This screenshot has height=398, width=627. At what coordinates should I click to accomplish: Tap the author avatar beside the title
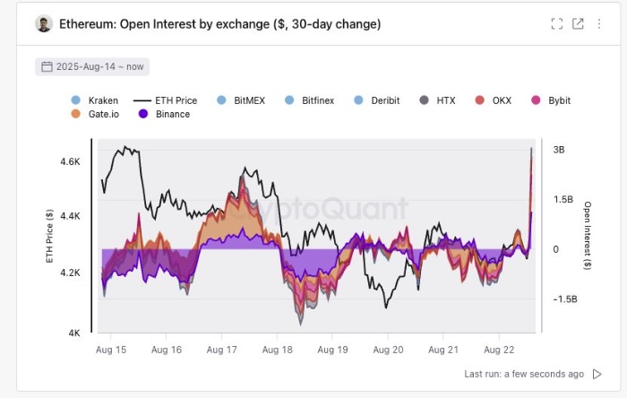pos(44,24)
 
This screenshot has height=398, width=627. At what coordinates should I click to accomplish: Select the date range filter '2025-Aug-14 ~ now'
pos(92,66)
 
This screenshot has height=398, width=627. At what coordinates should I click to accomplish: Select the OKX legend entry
pos(494,100)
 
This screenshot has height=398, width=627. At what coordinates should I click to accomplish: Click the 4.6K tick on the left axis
pos(71,161)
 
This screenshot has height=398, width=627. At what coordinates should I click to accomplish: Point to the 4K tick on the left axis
pos(75,333)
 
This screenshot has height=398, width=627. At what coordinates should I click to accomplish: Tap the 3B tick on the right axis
pos(559,150)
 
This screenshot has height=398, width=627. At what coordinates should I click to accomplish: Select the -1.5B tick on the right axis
pos(565,298)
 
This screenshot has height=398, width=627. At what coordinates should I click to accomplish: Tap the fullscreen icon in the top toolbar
pos(556,24)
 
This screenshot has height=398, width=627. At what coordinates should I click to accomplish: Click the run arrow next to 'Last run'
pos(597,374)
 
